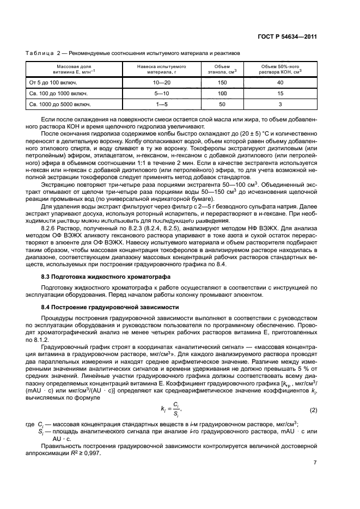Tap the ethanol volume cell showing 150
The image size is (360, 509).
[x=222, y=83]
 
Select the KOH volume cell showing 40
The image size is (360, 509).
[x=280, y=83]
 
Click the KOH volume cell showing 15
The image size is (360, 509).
[x=280, y=93]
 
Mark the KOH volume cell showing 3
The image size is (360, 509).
[x=280, y=104]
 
